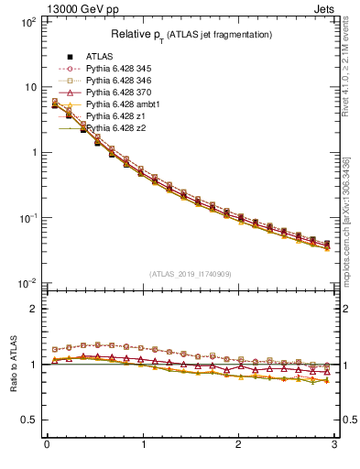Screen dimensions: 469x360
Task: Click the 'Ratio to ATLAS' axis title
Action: click(x=14, y=364)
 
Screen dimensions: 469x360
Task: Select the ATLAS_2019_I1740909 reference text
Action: click(x=191, y=274)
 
